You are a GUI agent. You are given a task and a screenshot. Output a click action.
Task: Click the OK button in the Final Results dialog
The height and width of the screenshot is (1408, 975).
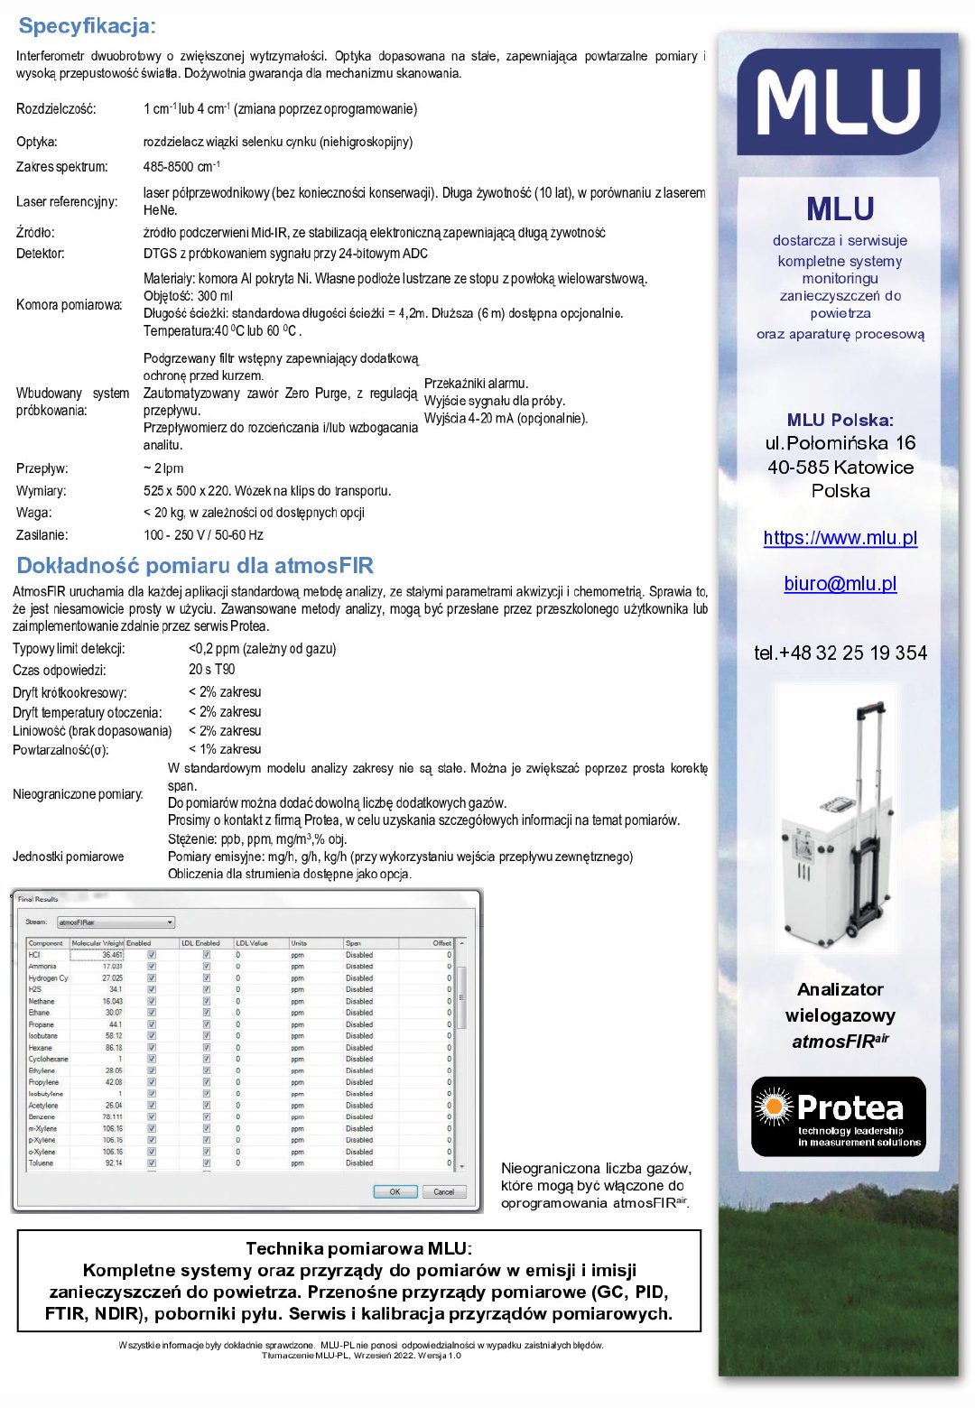(395, 1191)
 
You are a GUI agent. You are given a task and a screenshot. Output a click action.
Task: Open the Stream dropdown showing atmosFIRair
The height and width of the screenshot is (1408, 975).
(116, 922)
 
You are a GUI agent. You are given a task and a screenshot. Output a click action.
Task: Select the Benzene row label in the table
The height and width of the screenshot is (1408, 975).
(42, 1116)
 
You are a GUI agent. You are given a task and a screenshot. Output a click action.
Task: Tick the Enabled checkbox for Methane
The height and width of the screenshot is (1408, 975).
(152, 1001)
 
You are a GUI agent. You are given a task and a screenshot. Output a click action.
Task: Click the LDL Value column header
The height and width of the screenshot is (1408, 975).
(253, 943)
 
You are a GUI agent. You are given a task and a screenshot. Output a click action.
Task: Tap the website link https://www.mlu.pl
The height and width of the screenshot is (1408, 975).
(840, 538)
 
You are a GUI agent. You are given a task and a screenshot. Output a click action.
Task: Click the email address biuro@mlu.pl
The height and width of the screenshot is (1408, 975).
(840, 584)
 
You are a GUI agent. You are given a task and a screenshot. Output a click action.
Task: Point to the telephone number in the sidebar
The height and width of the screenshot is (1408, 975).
(840, 653)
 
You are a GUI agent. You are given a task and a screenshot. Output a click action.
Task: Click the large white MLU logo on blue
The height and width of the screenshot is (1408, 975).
(839, 101)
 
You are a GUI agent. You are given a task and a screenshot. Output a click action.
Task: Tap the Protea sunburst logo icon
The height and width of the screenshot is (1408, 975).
(773, 1107)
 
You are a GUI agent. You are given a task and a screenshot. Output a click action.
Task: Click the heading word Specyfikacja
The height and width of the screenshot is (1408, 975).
(87, 26)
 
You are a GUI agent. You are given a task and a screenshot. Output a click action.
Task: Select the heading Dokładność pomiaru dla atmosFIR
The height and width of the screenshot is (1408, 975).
(195, 566)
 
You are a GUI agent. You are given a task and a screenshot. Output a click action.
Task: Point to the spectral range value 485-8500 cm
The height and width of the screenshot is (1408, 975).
(181, 167)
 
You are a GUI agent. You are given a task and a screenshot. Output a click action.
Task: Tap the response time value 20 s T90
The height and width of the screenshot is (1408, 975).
(212, 670)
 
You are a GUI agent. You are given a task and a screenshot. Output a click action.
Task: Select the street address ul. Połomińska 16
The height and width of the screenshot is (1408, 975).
(840, 443)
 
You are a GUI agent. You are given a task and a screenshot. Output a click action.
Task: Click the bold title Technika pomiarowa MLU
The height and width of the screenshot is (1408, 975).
(358, 1249)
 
